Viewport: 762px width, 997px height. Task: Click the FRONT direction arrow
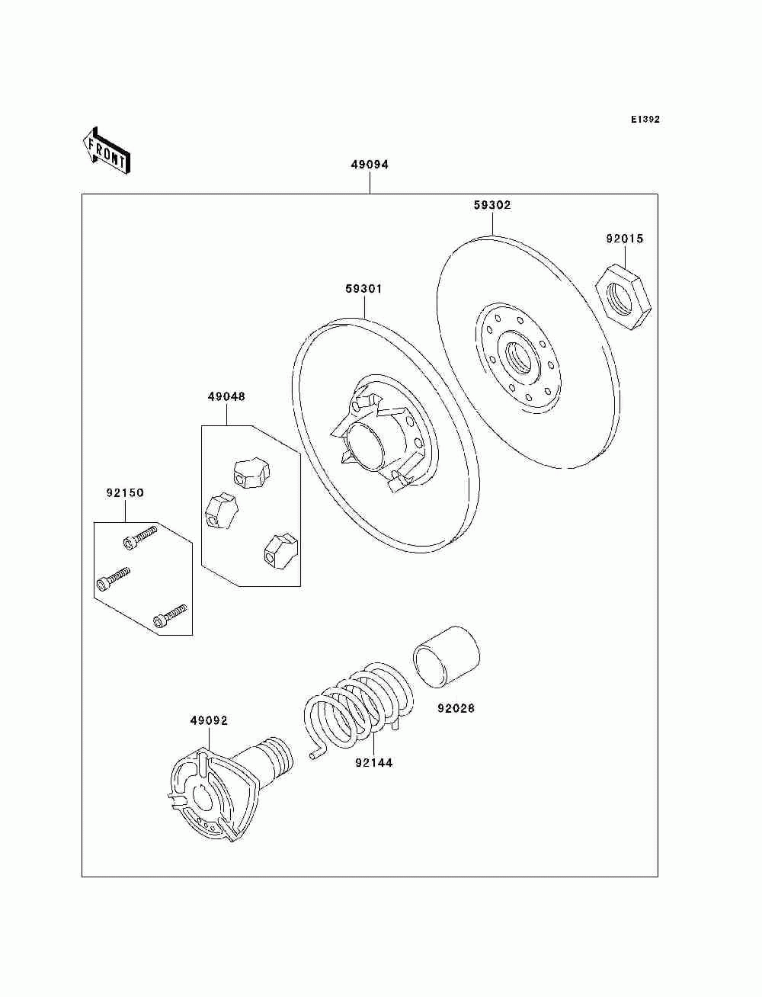point(106,149)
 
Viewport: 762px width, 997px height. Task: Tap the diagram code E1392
point(645,120)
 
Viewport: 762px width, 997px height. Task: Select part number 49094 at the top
point(370,165)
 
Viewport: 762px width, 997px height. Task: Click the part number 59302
point(492,205)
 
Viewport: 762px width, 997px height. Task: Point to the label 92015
point(625,239)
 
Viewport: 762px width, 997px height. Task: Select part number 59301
point(363,289)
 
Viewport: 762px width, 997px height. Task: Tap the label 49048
point(226,396)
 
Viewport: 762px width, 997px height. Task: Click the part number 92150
point(125,493)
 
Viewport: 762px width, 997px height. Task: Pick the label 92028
point(456,708)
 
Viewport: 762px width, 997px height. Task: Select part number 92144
point(373,762)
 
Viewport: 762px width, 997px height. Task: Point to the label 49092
point(209,720)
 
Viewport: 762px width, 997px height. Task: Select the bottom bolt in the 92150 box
point(170,616)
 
